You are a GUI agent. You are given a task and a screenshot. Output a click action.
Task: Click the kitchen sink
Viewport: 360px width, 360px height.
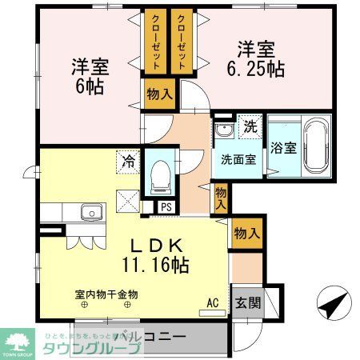tap(90, 212)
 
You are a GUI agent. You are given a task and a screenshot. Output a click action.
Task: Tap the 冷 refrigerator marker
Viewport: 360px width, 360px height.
tap(128, 159)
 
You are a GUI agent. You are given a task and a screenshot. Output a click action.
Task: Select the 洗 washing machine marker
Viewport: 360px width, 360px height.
tap(250, 126)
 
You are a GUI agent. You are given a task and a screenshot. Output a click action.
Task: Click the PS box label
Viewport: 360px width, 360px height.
tap(166, 206)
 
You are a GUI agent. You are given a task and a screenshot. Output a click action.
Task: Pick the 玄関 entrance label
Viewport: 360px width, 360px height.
tap(246, 302)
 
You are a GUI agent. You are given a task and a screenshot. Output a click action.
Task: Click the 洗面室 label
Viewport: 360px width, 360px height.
tap(238, 158)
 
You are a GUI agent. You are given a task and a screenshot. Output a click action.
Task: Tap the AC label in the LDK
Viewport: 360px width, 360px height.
tap(212, 302)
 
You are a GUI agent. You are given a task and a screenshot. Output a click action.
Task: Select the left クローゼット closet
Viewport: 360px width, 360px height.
tap(153, 41)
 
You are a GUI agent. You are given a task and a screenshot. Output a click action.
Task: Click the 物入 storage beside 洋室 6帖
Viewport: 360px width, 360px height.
tap(158, 94)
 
